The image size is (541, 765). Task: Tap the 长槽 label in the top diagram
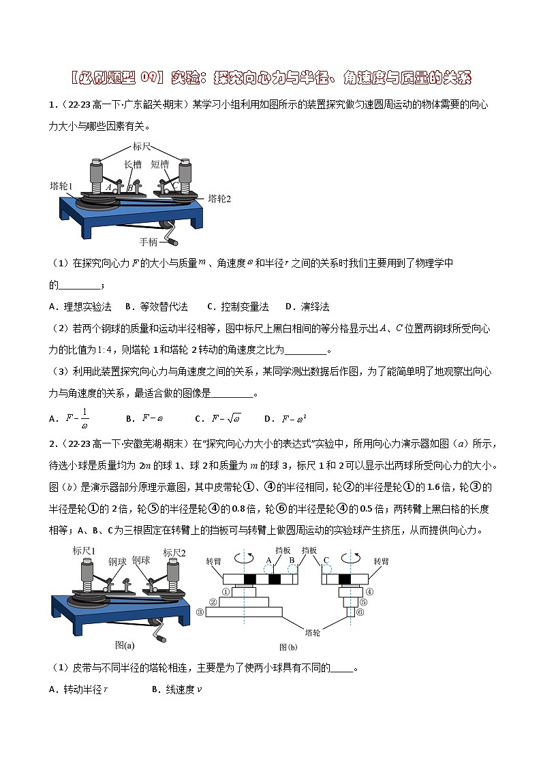pos(134,164)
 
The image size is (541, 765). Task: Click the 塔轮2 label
pos(219,198)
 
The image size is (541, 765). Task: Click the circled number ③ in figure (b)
pos(199,612)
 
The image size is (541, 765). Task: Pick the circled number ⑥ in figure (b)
pos(362,612)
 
